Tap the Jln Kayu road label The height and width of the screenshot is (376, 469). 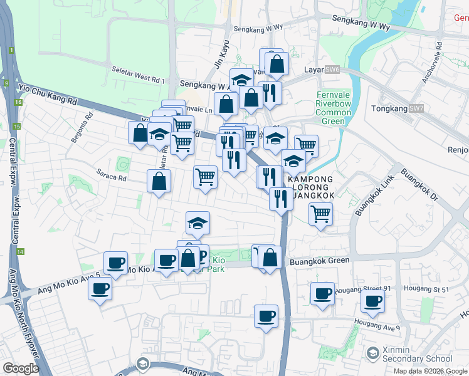pos(220,55)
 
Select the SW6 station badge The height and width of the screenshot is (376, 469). pos(332,70)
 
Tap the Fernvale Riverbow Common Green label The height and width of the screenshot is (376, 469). pos(332,108)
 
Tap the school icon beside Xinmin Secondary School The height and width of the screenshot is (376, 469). pos(372,355)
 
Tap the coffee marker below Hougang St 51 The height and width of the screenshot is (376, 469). pos(372,301)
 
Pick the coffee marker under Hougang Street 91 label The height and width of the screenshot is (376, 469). pos(324,293)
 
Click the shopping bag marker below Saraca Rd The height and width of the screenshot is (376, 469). pos(159,182)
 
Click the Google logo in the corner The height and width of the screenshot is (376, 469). pos(21,368)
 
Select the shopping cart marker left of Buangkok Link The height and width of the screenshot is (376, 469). pos(320,214)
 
